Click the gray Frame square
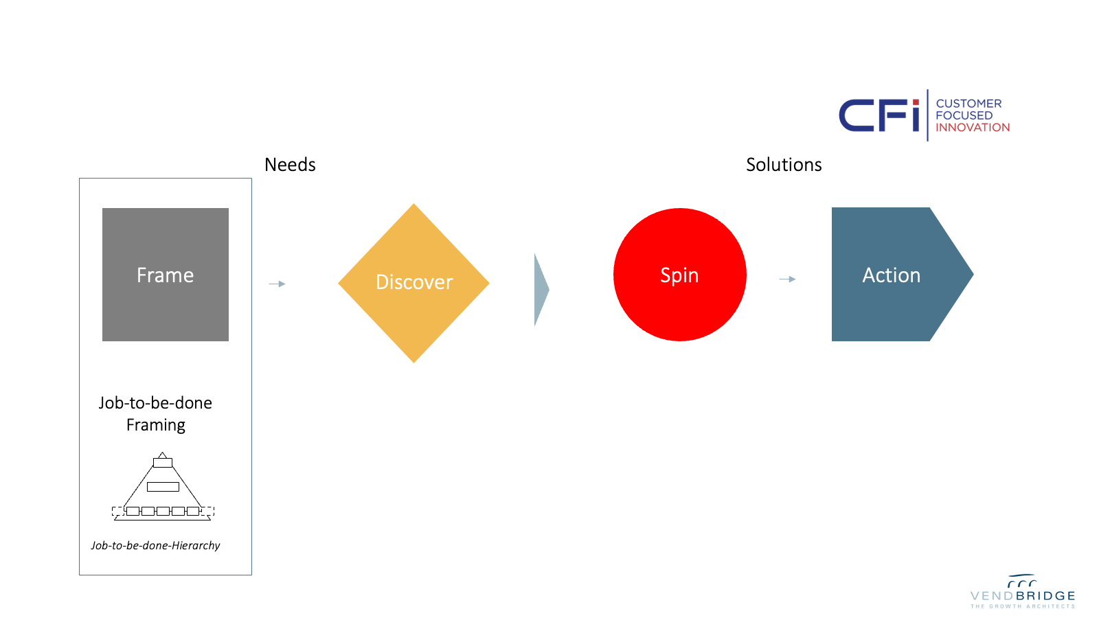click(165, 275)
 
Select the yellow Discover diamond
click(413, 282)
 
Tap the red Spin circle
click(679, 275)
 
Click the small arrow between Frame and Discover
click(277, 284)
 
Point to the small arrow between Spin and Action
click(787, 279)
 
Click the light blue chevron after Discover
click(541, 289)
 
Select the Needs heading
click(290, 165)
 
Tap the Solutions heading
click(784, 165)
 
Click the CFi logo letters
click(879, 115)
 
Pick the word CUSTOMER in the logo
click(968, 104)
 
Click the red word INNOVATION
click(973, 127)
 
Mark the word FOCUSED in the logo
click(964, 115)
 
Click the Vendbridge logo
click(1022, 592)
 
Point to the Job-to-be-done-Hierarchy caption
click(155, 545)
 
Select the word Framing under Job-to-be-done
click(156, 425)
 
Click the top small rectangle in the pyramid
click(163, 463)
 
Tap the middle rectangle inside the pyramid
click(163, 487)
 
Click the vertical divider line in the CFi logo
click(927, 115)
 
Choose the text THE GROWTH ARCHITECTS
click(1022, 606)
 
